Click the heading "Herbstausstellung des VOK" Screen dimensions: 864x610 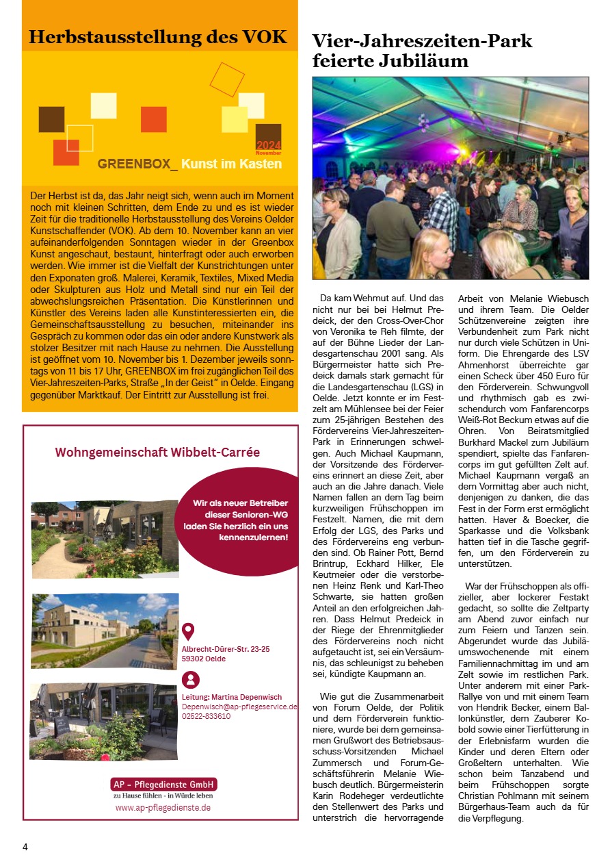point(158,37)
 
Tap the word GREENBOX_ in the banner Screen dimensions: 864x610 point(137,164)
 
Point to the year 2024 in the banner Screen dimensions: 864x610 point(268,146)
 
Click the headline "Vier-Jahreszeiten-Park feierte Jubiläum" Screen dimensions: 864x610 point(422,51)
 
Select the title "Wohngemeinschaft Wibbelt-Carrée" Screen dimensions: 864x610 point(157,453)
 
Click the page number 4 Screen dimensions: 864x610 point(25,847)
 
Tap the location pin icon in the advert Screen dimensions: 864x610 point(189,631)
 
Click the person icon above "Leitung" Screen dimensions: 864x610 point(191,680)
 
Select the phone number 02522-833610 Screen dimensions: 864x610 point(206,716)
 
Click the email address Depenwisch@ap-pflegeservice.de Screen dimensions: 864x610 point(239,707)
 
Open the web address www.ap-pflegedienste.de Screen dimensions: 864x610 point(163,808)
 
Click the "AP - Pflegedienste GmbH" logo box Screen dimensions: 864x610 point(163,784)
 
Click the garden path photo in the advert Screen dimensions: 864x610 point(105,539)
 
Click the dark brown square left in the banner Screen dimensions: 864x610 point(51,119)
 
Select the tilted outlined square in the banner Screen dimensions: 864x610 point(226,79)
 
